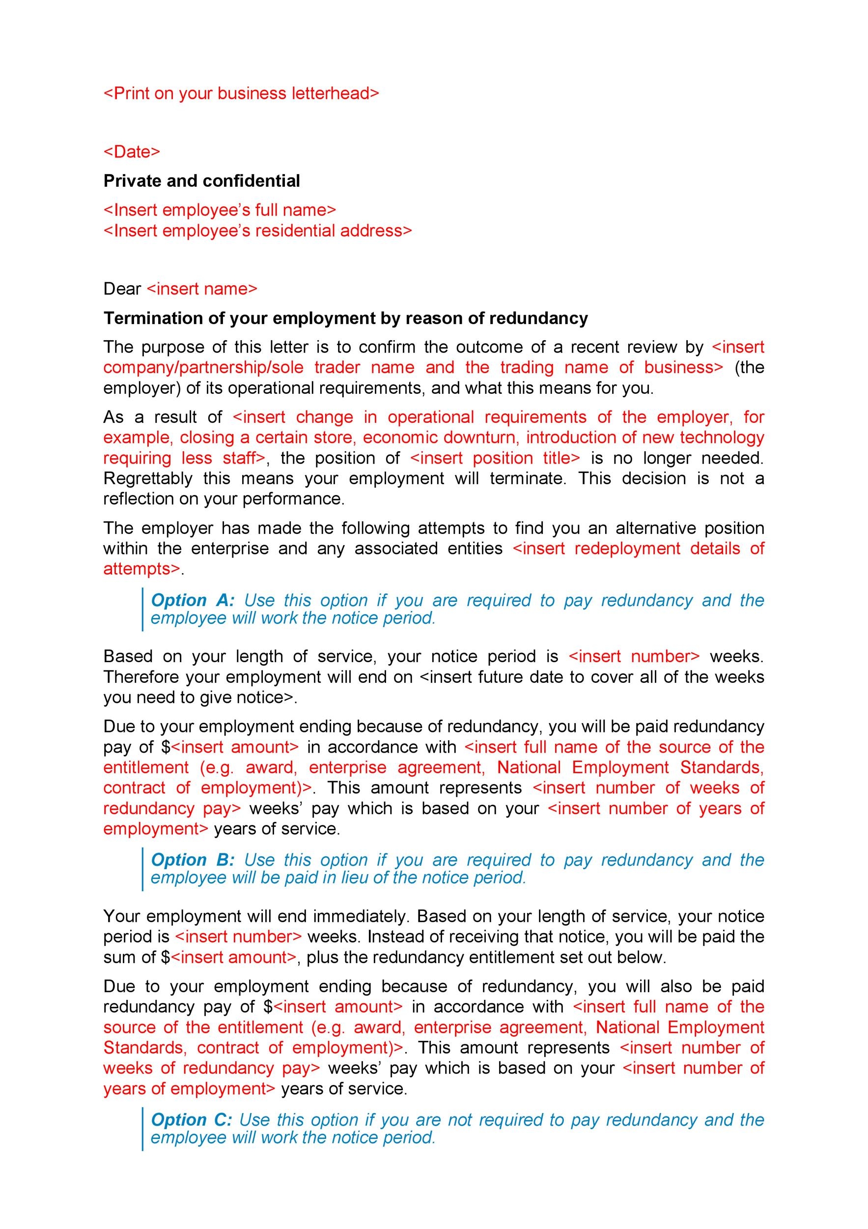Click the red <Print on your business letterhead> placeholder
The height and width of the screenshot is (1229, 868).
coord(241,94)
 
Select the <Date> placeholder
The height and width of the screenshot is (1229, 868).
coord(132,152)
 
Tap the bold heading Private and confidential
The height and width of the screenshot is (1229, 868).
coord(201,181)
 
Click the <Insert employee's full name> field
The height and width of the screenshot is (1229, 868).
coord(220,210)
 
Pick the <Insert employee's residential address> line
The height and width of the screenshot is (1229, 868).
coord(258,231)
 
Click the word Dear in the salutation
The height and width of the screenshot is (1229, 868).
coord(122,289)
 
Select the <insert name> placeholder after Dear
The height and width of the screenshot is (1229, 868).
coord(201,289)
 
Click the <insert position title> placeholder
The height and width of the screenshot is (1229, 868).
coord(495,458)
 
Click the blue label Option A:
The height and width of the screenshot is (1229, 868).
coord(193,601)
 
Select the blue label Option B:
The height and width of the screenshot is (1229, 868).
coord(193,860)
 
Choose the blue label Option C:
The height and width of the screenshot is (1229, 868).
coord(191,1120)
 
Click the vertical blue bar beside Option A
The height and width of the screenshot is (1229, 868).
coord(143,609)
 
